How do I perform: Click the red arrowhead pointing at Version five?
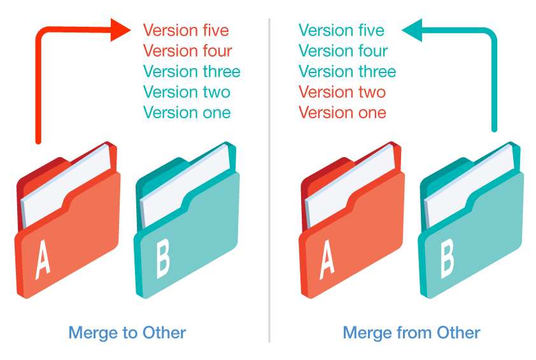click(x=120, y=30)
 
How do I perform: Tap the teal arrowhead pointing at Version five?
click(x=412, y=30)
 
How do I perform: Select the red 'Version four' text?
click(x=188, y=51)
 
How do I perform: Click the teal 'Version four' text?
click(x=343, y=51)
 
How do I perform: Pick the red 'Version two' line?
click(x=342, y=92)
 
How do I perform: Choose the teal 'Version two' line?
click(x=187, y=92)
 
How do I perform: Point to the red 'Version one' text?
click(x=342, y=113)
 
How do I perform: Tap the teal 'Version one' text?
click(x=187, y=113)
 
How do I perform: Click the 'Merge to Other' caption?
click(x=127, y=333)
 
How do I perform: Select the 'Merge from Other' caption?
click(x=412, y=333)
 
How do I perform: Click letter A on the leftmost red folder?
click(x=43, y=260)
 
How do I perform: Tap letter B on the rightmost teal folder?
click(x=447, y=259)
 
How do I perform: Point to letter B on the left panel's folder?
click(x=163, y=259)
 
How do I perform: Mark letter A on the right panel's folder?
click(x=327, y=260)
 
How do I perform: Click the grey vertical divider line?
click(x=269, y=181)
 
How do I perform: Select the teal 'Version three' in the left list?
click(x=192, y=71)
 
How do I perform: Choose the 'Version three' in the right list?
click(x=348, y=71)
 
